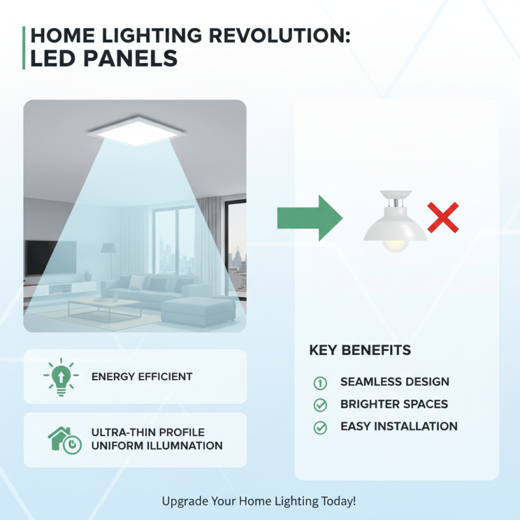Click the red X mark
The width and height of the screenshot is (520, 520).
click(x=443, y=218)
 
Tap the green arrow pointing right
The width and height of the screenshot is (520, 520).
click(x=309, y=218)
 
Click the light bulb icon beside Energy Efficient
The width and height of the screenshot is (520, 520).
click(x=60, y=376)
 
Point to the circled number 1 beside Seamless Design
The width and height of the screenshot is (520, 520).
click(x=320, y=382)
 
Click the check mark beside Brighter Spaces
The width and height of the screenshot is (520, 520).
click(x=320, y=405)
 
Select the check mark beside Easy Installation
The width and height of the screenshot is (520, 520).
click(x=320, y=428)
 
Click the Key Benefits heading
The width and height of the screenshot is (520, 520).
click(x=359, y=350)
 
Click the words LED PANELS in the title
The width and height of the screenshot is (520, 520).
click(x=104, y=58)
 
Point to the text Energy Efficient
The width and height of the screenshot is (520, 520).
click(x=142, y=376)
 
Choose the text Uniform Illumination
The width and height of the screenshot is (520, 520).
click(x=157, y=446)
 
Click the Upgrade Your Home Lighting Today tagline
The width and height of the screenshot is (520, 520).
click(x=259, y=501)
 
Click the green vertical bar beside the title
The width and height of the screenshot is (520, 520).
click(x=24, y=47)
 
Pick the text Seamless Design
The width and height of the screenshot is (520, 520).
click(x=395, y=382)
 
